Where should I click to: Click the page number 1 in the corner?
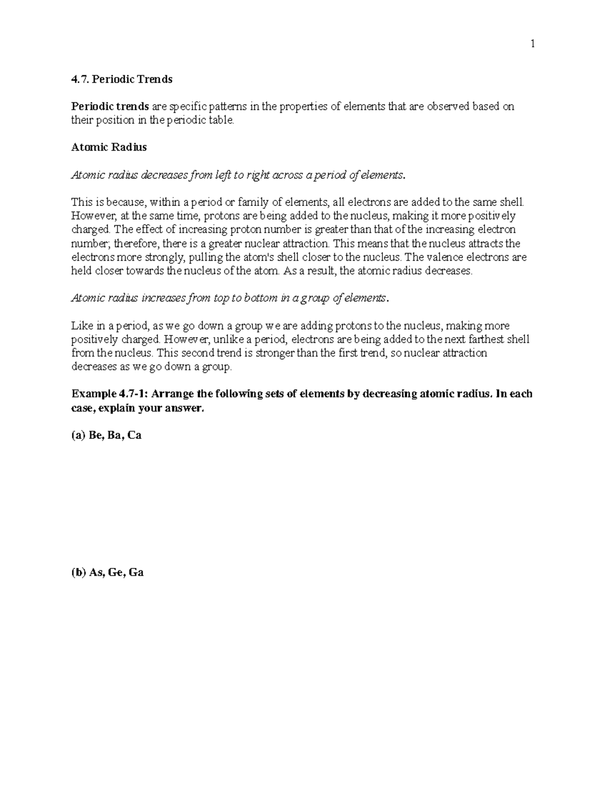(532, 45)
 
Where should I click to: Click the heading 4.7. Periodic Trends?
(122, 79)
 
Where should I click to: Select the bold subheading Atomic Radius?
(109, 147)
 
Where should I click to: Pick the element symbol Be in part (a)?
(95, 435)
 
